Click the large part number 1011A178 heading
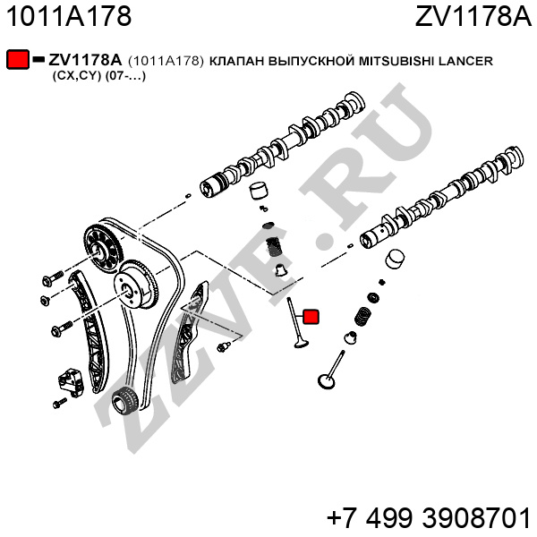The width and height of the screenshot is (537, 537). point(70,16)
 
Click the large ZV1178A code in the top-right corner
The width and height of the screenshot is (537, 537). point(473,16)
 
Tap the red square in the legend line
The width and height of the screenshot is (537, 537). point(18,60)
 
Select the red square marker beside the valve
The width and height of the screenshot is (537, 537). point(311,316)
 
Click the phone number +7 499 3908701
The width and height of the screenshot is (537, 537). point(429,518)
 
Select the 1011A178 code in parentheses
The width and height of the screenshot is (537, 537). point(166,60)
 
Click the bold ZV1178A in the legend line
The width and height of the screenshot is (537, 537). point(85,60)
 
